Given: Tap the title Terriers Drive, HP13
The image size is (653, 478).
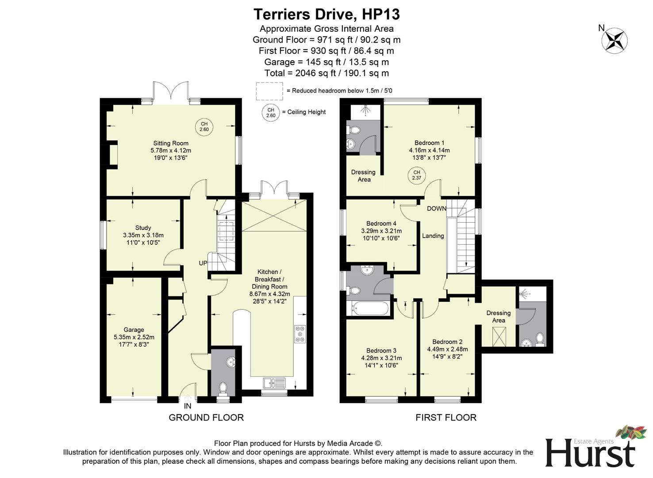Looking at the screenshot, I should point(326,14).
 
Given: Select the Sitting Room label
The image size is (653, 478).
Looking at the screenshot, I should point(171,143).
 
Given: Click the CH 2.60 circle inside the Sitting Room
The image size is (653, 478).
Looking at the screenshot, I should point(204,127).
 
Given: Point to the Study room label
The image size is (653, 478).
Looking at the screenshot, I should point(143,227).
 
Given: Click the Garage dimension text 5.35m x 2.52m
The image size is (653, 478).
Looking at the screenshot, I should point(134,337).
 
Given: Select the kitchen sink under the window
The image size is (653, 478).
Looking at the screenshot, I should point(274,382).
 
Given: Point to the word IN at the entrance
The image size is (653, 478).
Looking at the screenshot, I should point(188,406).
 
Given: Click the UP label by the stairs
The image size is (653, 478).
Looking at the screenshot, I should point(203,263).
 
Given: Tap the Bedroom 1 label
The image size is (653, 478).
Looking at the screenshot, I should point(429,143).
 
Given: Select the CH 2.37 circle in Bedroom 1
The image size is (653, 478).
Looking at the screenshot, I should point(416,175).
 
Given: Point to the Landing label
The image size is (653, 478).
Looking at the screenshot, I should point(433,236).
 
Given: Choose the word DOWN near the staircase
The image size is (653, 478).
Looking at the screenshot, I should point(436,208).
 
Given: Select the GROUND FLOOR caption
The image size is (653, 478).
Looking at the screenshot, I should point(206,417).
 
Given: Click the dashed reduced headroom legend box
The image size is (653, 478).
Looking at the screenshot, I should point(269,91).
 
